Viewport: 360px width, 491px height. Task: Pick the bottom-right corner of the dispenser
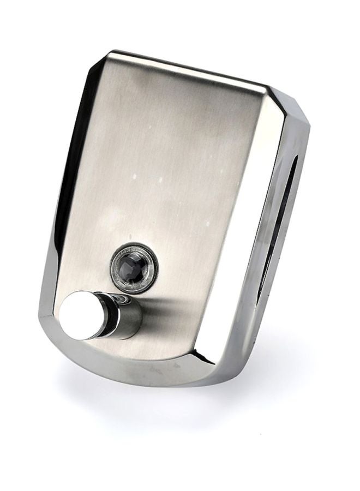[229, 376]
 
